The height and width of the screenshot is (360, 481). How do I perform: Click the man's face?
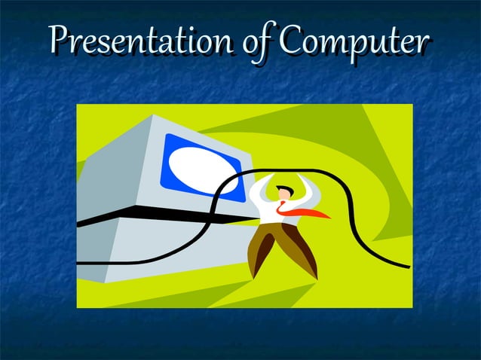(x=284, y=195)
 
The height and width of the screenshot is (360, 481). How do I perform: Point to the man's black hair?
(x=282, y=187)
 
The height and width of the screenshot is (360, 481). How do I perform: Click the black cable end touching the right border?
(x=407, y=266)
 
